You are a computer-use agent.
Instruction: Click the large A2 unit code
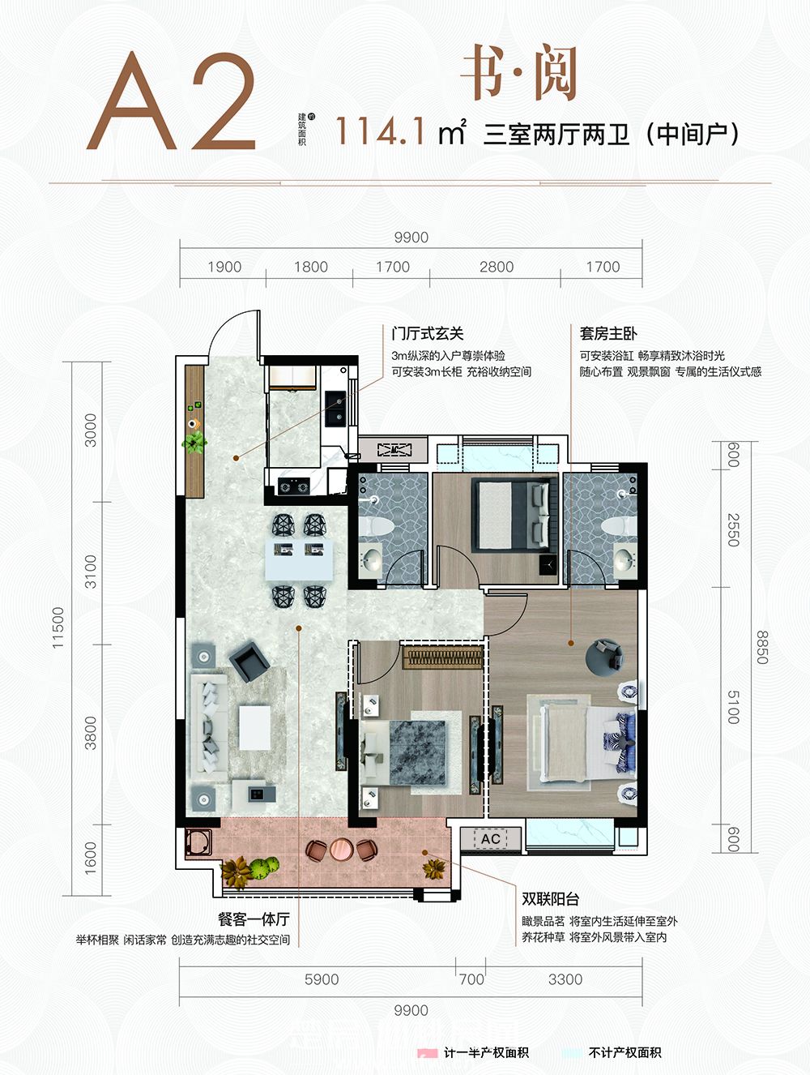click(x=172, y=104)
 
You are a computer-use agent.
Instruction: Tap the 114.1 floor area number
click(x=380, y=131)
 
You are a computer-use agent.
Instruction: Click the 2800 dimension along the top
click(x=496, y=267)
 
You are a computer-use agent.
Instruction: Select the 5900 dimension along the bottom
click(x=321, y=979)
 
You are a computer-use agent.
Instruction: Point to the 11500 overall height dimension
click(x=58, y=627)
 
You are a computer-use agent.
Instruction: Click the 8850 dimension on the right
click(x=761, y=648)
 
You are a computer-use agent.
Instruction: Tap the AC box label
click(x=491, y=838)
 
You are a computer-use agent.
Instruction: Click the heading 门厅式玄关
click(x=427, y=333)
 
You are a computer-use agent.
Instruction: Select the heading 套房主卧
click(x=608, y=333)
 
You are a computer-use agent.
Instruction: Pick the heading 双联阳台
click(x=550, y=899)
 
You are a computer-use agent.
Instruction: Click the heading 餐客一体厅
click(x=254, y=920)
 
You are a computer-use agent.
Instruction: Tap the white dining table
click(x=298, y=560)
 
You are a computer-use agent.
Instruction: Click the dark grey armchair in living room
click(x=248, y=661)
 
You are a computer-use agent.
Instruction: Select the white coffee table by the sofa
click(x=254, y=727)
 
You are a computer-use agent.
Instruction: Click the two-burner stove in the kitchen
click(x=293, y=486)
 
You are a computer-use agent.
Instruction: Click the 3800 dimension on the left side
click(x=90, y=732)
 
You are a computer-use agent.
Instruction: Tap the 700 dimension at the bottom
click(x=471, y=979)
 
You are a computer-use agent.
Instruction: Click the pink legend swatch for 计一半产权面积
click(x=427, y=1053)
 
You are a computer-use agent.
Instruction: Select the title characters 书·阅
click(x=518, y=75)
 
